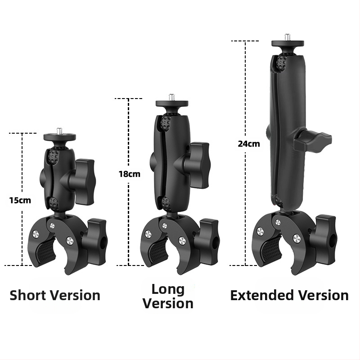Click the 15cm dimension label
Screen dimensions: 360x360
(x=20, y=200)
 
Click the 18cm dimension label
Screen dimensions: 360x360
(x=130, y=174)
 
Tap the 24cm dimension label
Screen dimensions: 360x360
(x=249, y=144)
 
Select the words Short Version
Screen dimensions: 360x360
(x=55, y=295)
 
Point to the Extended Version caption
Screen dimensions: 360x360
(x=289, y=295)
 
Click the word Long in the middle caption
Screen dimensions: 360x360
(x=168, y=290)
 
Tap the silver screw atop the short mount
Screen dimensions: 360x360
(x=60, y=131)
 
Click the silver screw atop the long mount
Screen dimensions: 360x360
(x=172, y=97)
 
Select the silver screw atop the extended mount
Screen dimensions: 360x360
(x=288, y=37)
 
